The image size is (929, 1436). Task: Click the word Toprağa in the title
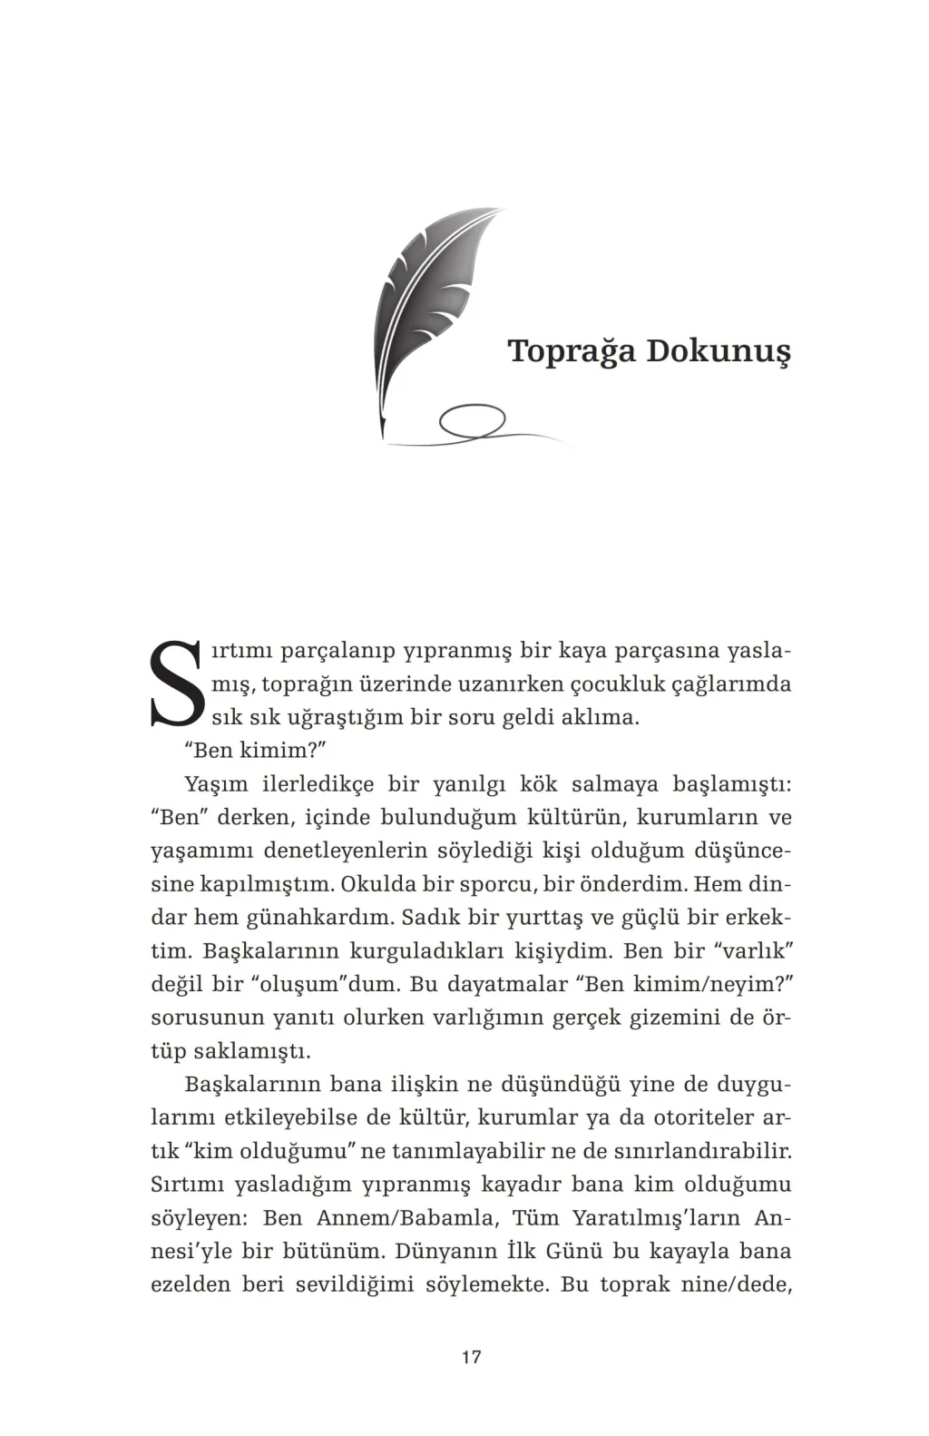pyautogui.click(x=572, y=352)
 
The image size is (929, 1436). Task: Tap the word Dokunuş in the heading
pyautogui.click(x=718, y=352)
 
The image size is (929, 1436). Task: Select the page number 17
pyautogui.click(x=471, y=1357)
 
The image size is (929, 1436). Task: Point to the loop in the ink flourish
pyautogui.click(x=472, y=422)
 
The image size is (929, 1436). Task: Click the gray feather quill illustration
pyautogui.click(x=426, y=309)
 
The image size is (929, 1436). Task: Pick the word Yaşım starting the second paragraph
pyautogui.click(x=216, y=784)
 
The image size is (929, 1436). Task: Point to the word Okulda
pyautogui.click(x=379, y=884)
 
